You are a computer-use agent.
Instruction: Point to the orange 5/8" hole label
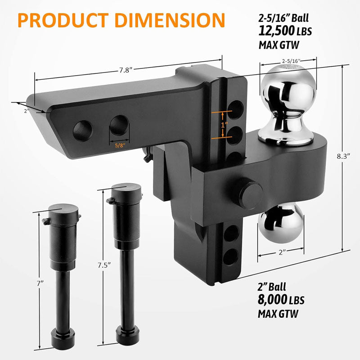[119, 145]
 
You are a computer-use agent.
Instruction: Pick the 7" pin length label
[40, 283]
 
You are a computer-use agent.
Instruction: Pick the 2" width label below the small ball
[281, 252]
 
